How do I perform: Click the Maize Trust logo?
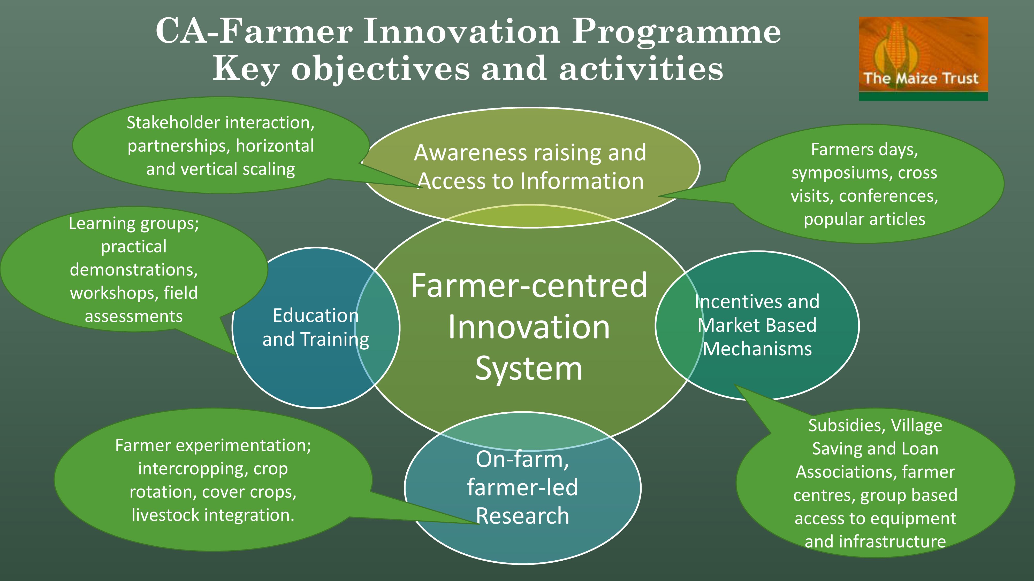(923, 59)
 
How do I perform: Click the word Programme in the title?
(676, 32)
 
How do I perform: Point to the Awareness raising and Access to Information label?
(530, 166)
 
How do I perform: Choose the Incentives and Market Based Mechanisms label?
(757, 325)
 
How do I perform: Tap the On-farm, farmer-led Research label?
(522, 487)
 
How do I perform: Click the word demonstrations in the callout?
(134, 270)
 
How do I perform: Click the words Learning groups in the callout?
(134, 224)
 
